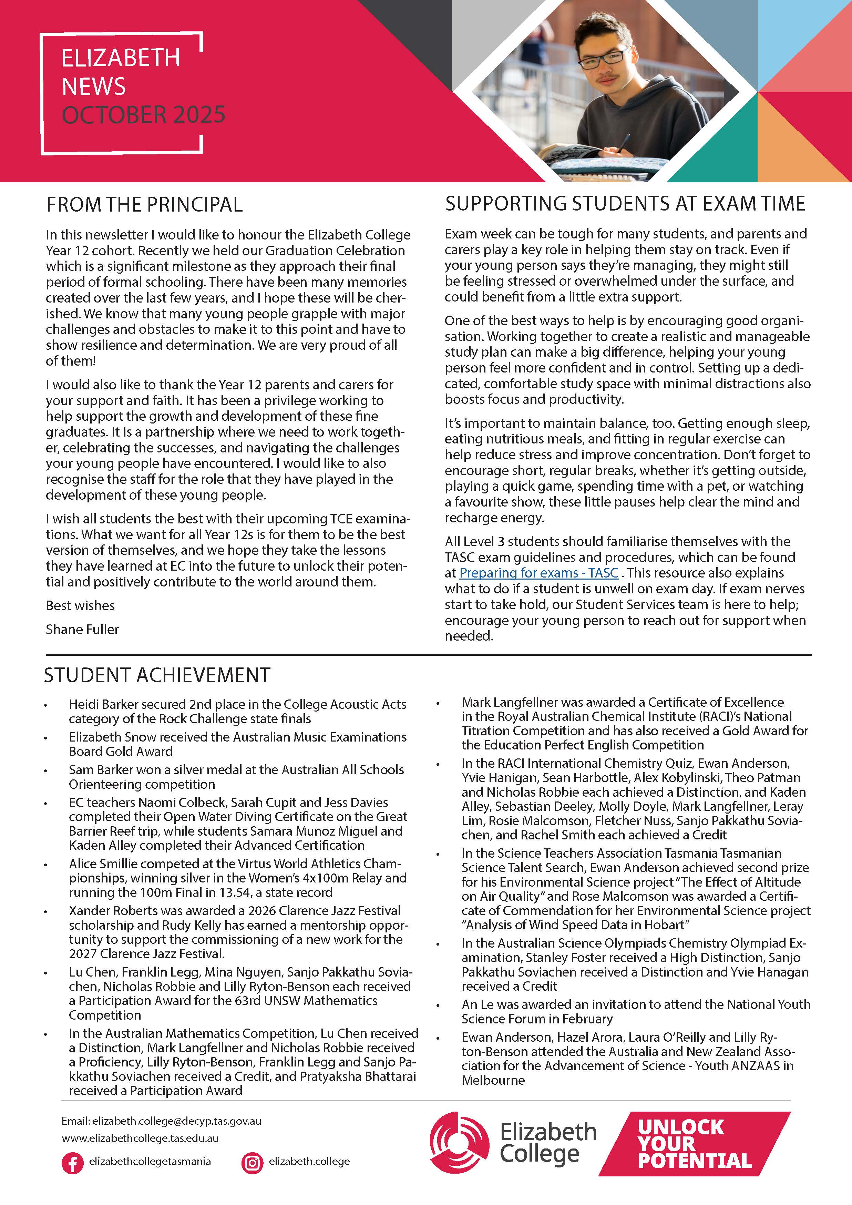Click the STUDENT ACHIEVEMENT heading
click(157, 675)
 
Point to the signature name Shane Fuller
click(82, 629)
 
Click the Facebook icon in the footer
click(72, 1163)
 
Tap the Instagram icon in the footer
click(252, 1163)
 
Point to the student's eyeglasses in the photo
click(603, 58)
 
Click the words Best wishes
click(80, 606)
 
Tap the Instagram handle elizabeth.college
click(309, 1162)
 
